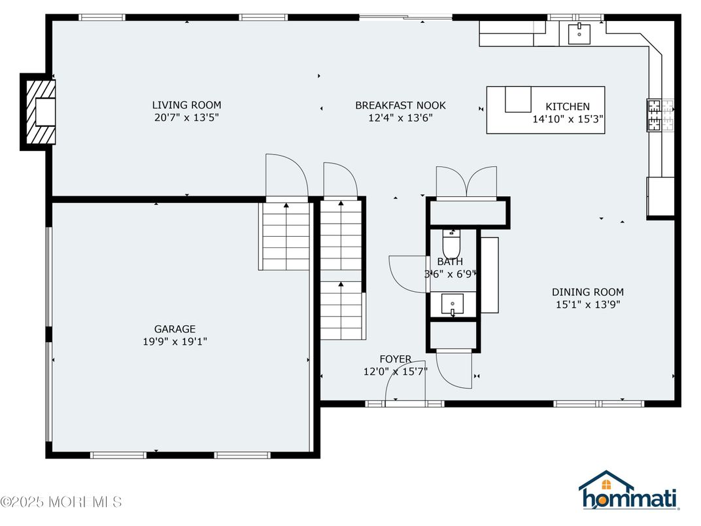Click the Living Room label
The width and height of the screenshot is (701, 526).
coord(186,105)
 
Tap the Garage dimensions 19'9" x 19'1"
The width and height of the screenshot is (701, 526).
coord(175,342)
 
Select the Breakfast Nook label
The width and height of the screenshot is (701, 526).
coord(400,105)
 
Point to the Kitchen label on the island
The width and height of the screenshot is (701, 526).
coord(568,107)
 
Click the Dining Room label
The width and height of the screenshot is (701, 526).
coord(587,292)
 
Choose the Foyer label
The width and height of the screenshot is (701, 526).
coord(396,359)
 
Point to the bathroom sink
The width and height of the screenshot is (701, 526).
coord(453,304)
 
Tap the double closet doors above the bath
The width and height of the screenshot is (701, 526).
coord(466,181)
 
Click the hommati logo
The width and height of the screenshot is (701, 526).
coord(628,492)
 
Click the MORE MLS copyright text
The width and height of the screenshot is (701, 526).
coord(61,502)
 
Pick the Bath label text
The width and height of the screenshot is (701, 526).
coord(450,262)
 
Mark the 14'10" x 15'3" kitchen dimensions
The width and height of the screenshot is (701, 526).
coord(568,120)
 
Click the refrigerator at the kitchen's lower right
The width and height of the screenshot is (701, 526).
coord(660,197)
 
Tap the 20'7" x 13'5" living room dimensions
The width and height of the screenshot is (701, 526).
coord(186,118)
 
